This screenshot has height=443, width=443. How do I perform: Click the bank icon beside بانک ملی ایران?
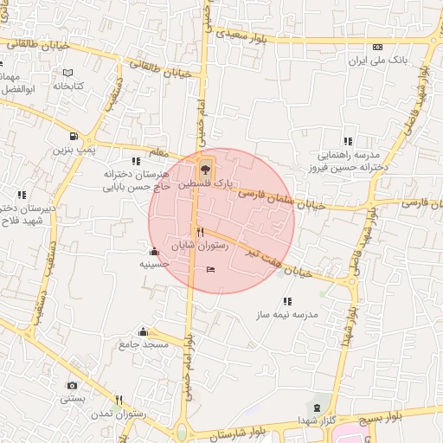click(x=376, y=47)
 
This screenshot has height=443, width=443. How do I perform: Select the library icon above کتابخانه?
click(x=67, y=73)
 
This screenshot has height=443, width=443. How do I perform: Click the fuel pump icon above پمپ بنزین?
click(x=73, y=136)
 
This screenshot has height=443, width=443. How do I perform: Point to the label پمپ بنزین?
click(x=73, y=150)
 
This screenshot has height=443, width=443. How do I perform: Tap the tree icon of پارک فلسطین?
click(x=205, y=166)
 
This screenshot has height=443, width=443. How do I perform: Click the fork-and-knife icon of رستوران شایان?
click(x=200, y=232)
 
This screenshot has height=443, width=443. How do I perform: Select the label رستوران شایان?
click(x=200, y=246)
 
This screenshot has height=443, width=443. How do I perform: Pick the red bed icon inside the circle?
click(x=212, y=270)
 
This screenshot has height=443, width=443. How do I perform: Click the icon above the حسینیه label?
click(x=154, y=252)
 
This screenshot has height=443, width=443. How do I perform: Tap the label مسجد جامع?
click(x=144, y=344)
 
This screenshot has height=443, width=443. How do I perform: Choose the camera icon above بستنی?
click(x=72, y=385)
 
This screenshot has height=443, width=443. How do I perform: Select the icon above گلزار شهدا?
click(x=316, y=407)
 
